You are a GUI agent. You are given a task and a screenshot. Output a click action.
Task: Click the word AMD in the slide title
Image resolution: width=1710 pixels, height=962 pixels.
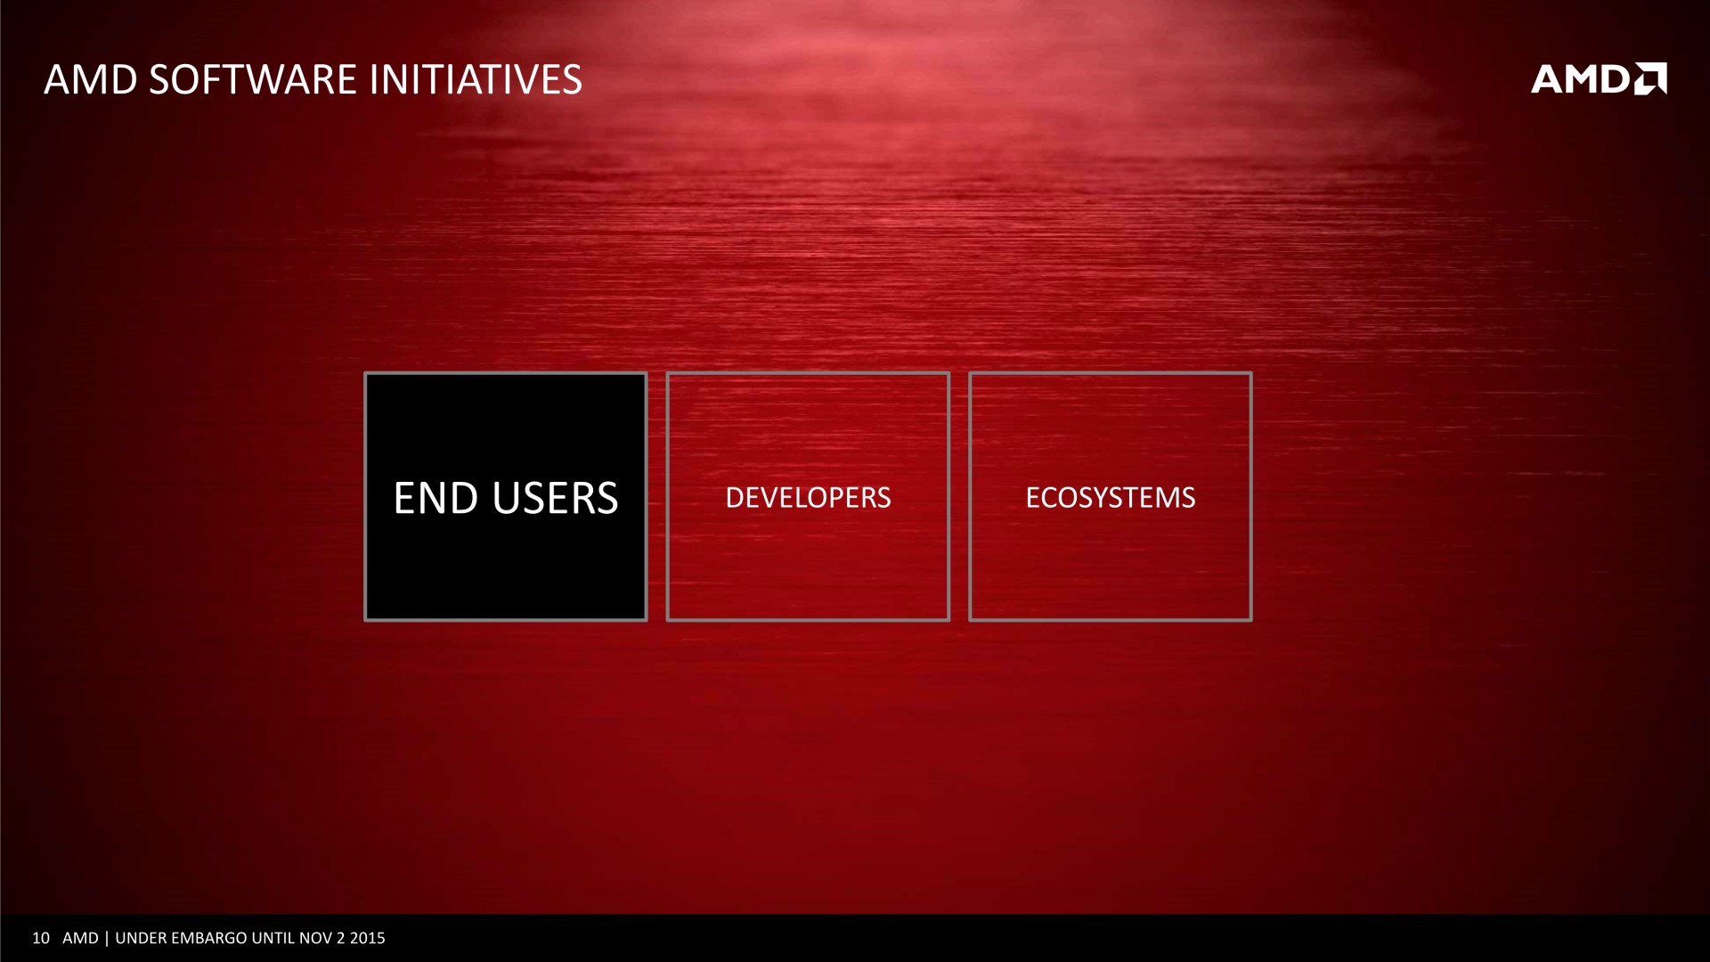[91, 79]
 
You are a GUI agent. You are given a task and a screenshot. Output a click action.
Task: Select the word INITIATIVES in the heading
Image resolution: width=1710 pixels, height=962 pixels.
[476, 79]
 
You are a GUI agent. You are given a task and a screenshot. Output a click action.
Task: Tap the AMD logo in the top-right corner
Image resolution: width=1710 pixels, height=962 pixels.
[1599, 78]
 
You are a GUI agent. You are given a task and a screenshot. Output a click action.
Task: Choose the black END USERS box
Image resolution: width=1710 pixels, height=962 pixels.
[506, 496]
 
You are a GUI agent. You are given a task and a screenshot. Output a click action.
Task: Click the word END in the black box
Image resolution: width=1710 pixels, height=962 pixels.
[436, 498]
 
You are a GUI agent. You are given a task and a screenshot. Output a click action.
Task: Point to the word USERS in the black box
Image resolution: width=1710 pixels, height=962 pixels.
[555, 498]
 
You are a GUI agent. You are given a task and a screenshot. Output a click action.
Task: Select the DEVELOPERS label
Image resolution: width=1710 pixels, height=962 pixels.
[808, 497]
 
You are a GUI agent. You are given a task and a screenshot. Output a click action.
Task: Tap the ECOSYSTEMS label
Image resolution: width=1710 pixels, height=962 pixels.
[1110, 497]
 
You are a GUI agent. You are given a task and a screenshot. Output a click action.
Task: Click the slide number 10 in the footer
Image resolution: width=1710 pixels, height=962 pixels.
[41, 938]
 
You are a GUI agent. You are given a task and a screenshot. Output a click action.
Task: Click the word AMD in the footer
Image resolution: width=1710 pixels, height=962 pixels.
[80, 938]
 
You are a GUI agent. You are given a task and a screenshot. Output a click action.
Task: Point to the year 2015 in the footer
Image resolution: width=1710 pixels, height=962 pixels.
[368, 938]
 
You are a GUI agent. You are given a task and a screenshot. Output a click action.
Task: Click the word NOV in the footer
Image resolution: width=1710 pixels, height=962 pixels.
[315, 938]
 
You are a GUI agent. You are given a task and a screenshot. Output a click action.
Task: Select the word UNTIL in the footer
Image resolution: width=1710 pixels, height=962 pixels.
[273, 938]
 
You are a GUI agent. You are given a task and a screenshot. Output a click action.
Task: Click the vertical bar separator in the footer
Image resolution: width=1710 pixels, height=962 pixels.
[107, 938]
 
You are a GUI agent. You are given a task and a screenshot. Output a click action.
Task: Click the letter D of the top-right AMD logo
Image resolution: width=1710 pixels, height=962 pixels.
[1615, 78]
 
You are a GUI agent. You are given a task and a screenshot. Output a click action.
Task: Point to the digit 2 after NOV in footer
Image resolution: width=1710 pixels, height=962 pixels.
[341, 938]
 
